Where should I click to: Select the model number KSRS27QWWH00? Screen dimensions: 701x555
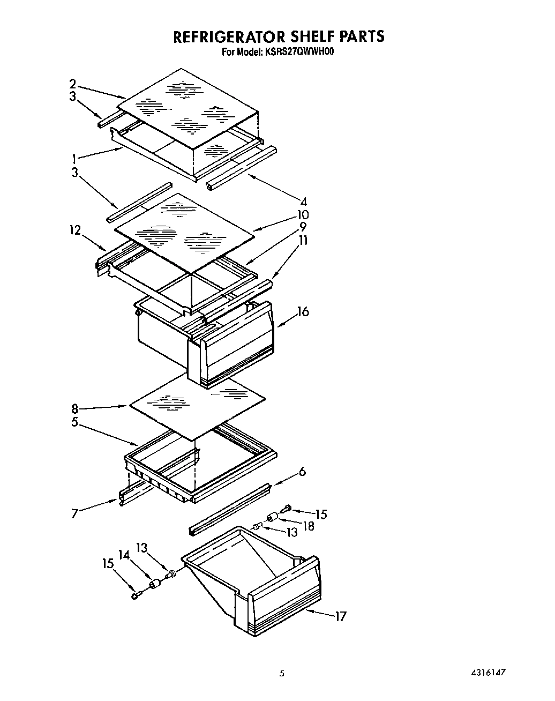pyautogui.click(x=298, y=53)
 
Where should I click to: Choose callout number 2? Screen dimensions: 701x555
pyautogui.click(x=72, y=84)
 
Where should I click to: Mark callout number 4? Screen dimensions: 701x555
pyautogui.click(x=304, y=202)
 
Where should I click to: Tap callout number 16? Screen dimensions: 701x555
pyautogui.click(x=303, y=311)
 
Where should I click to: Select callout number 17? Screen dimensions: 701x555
pyautogui.click(x=340, y=616)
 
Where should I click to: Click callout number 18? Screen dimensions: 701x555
pyautogui.click(x=309, y=526)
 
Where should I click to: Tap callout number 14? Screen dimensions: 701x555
pyautogui.click(x=124, y=555)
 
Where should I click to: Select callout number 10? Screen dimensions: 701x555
pyautogui.click(x=304, y=215)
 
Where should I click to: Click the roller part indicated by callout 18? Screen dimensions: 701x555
pyautogui.click(x=273, y=517)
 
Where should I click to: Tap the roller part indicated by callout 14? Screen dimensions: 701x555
pyautogui.click(x=154, y=584)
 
